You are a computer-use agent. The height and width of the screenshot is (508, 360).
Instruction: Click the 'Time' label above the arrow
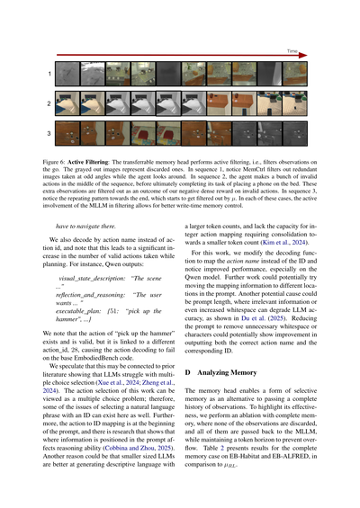293,52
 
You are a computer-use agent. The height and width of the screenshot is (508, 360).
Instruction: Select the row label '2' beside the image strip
49,103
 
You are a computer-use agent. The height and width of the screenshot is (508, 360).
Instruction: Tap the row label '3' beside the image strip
49,134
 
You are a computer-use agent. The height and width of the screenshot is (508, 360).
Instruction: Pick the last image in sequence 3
295,134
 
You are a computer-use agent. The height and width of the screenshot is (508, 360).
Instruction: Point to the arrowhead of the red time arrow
303,58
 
